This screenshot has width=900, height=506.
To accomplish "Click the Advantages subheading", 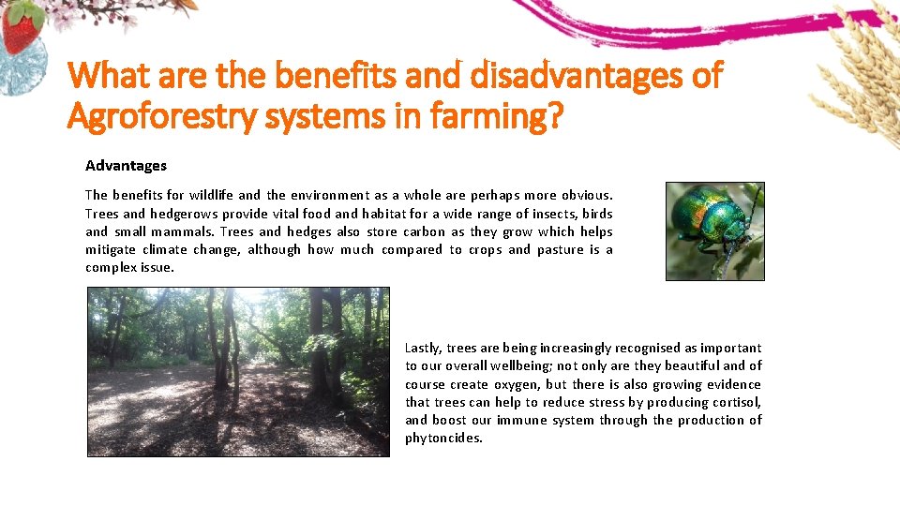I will click(126, 166).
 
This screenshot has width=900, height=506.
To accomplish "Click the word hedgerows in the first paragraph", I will click(185, 214).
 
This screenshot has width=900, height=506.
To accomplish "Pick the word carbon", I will click(424, 231).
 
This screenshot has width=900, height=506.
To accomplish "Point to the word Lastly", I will click(423, 348).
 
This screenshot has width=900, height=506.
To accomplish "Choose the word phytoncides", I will click(442, 438).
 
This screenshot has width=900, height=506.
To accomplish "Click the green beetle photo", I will click(714, 231).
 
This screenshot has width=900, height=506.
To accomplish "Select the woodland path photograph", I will click(238, 371).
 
